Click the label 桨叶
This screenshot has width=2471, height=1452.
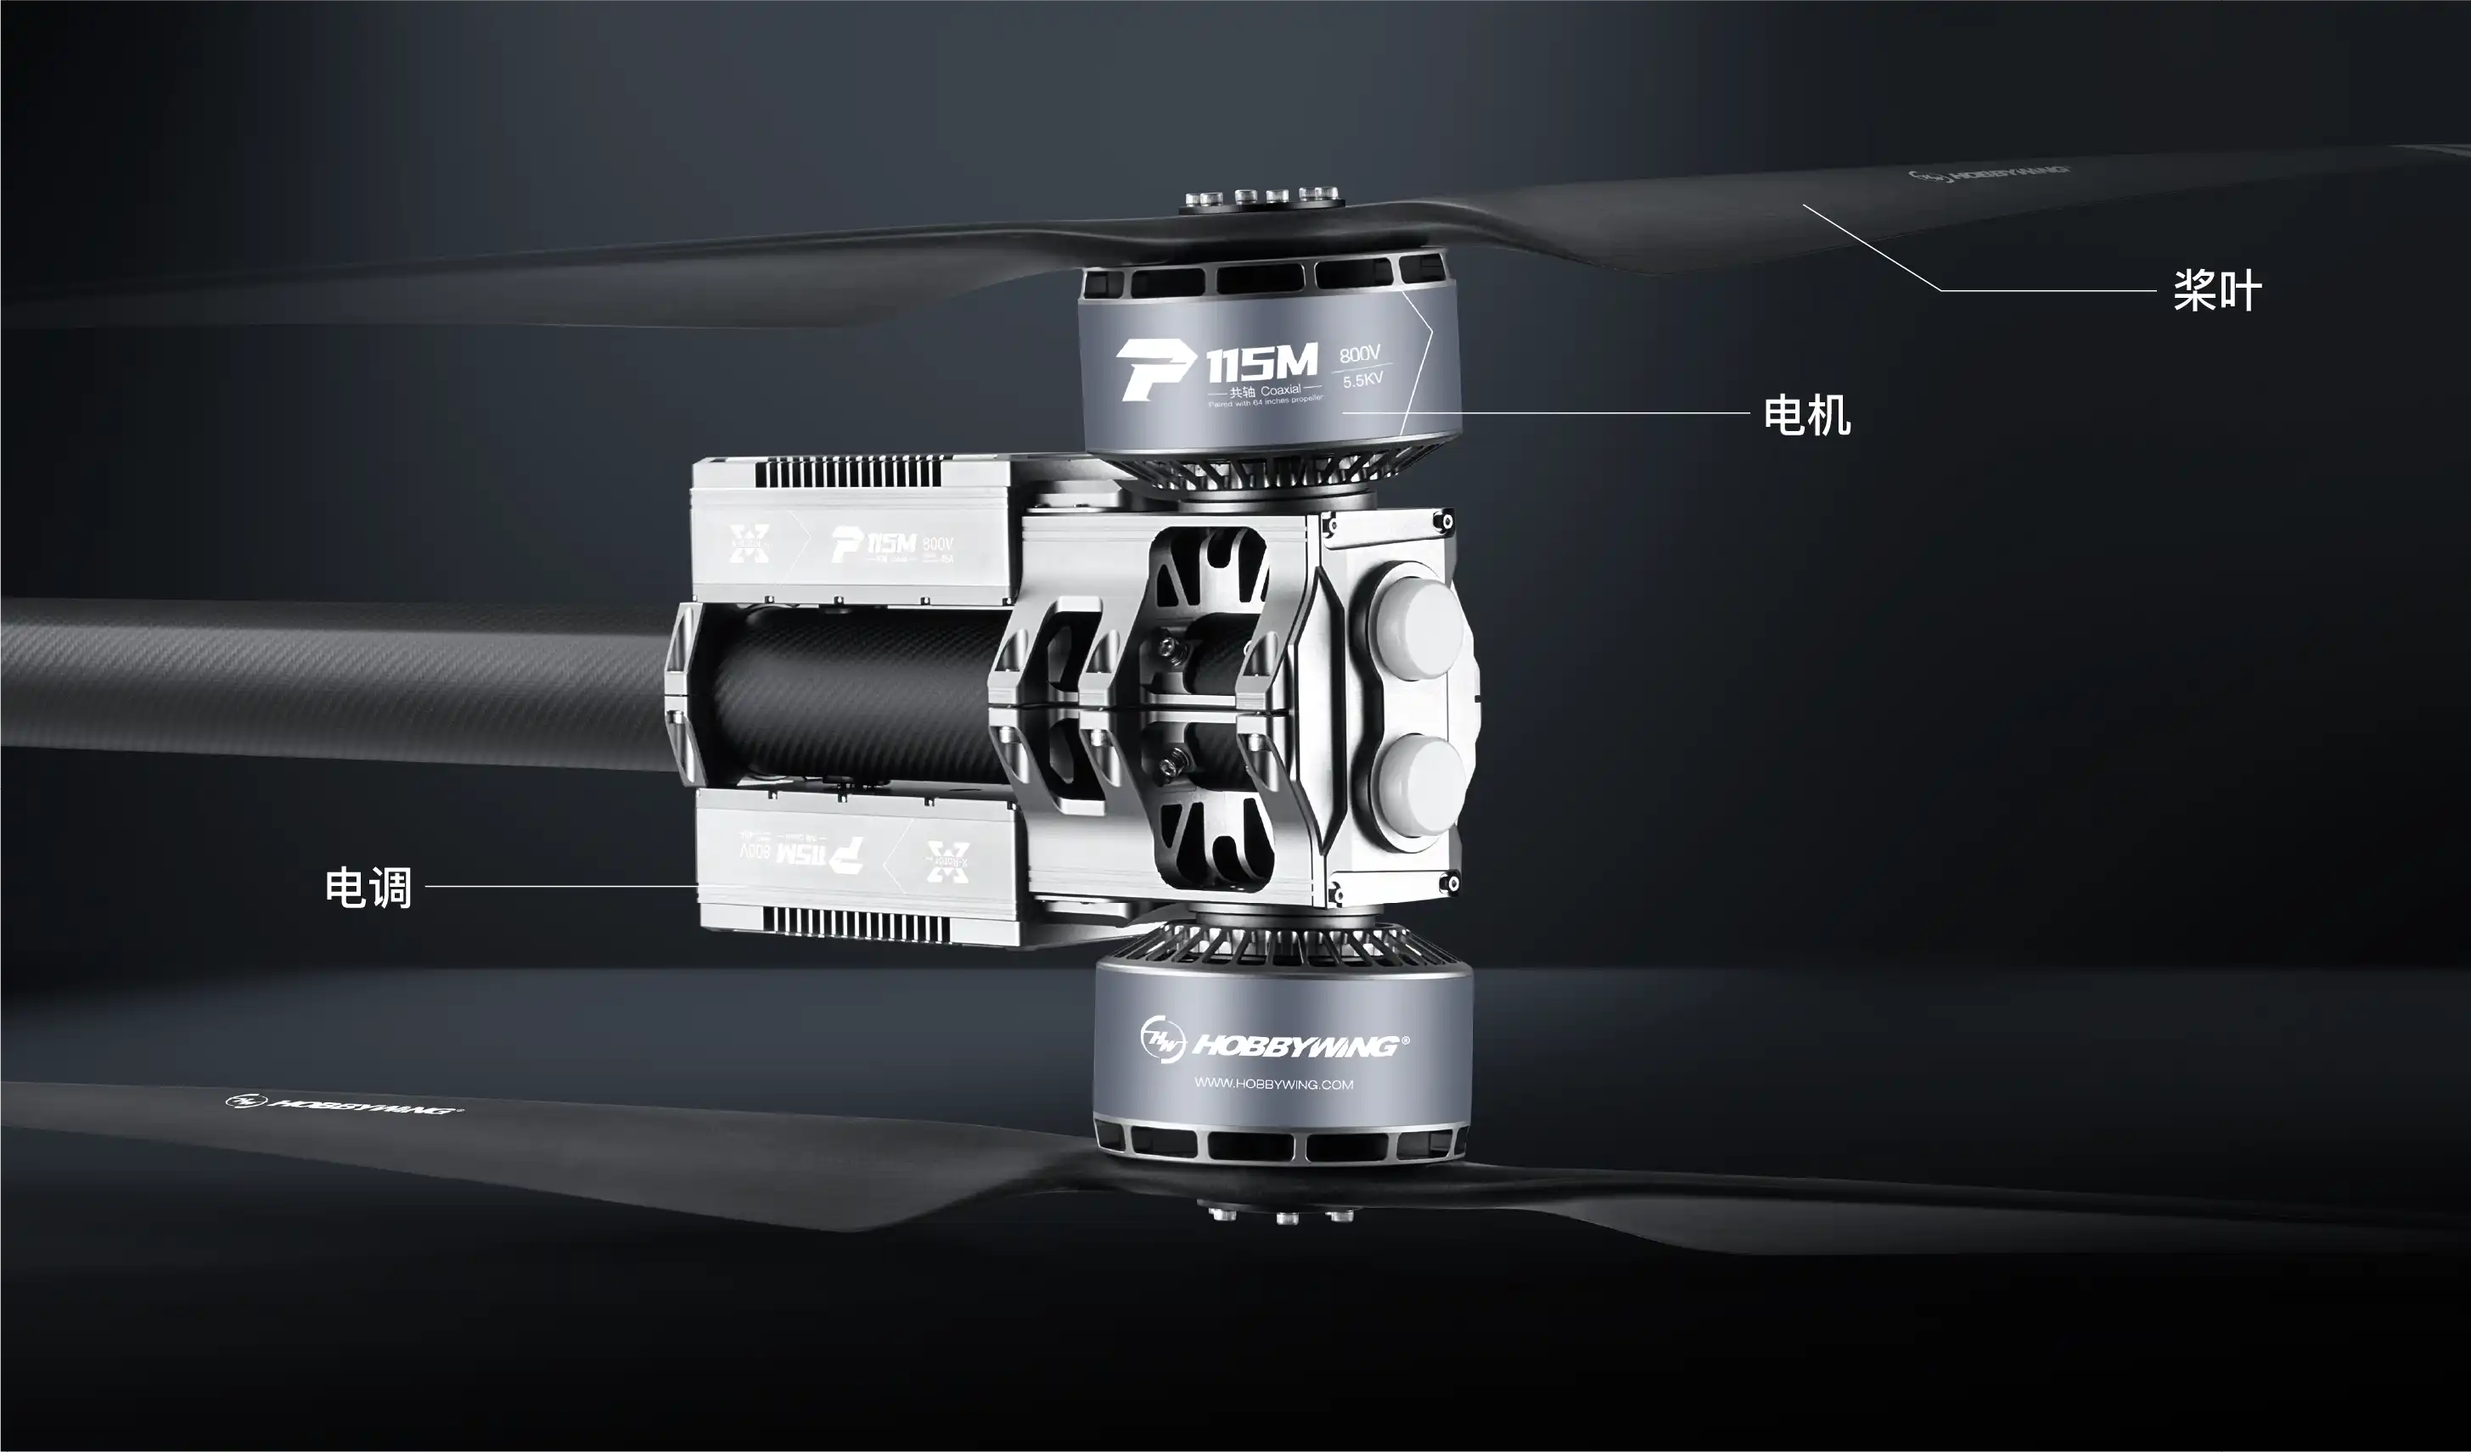[2217, 291]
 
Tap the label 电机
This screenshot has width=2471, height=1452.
[1806, 415]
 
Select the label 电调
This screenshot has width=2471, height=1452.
[368, 888]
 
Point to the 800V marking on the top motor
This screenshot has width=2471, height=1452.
[1360, 353]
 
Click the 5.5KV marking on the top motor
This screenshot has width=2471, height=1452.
[1362, 380]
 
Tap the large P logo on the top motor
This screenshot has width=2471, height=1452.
[1155, 370]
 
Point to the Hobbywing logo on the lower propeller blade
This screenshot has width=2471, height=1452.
[344, 1105]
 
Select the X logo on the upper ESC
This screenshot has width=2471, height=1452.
[750, 543]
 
